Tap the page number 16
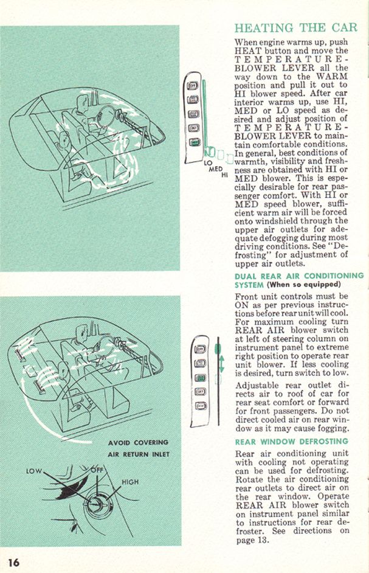click(x=13, y=561)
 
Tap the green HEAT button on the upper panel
click(x=194, y=142)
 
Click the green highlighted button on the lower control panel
click(x=200, y=378)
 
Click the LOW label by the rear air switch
click(x=33, y=471)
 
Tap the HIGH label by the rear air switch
click(x=131, y=482)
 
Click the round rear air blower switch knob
click(x=95, y=504)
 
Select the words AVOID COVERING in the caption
click(x=138, y=442)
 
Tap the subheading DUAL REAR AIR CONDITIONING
click(x=298, y=276)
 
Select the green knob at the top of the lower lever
click(x=218, y=349)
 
